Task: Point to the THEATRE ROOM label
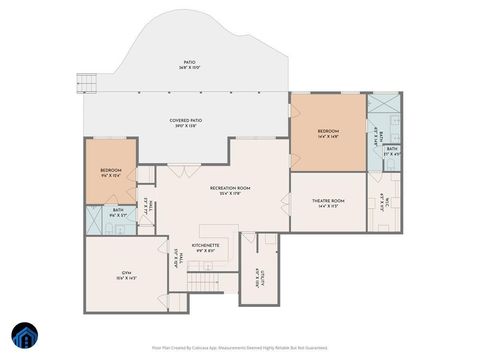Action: (x=328, y=201)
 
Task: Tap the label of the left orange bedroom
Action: (x=110, y=170)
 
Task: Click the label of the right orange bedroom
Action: (x=328, y=131)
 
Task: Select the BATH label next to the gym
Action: (x=118, y=210)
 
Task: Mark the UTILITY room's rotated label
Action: (x=258, y=278)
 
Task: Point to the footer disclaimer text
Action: (x=239, y=347)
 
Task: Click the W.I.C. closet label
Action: (x=384, y=205)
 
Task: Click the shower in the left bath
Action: (x=95, y=225)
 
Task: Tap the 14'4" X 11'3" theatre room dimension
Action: (x=328, y=207)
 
